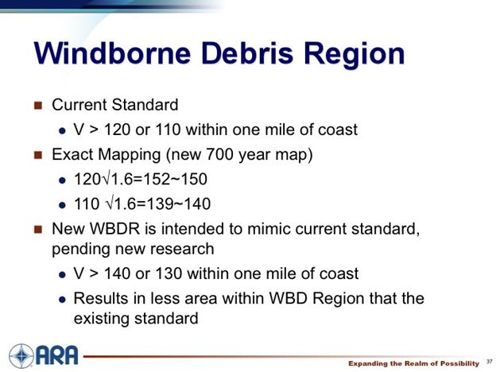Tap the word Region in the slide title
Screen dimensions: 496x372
tap(355, 55)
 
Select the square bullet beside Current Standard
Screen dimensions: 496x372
tap(38, 105)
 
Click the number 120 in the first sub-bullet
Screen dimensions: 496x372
tap(117, 130)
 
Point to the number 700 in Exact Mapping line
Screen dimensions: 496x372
tap(219, 154)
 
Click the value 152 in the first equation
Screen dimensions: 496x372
tap(157, 179)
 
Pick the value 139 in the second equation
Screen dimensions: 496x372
tap(160, 203)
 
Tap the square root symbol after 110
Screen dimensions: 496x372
tap(109, 203)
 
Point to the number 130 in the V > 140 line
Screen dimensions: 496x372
tap(169, 273)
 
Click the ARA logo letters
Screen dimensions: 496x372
tap(57, 355)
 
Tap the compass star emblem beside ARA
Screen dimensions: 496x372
tap(21, 356)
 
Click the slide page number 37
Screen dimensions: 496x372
tap(490, 362)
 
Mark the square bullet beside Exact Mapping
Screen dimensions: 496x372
tap(38, 155)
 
